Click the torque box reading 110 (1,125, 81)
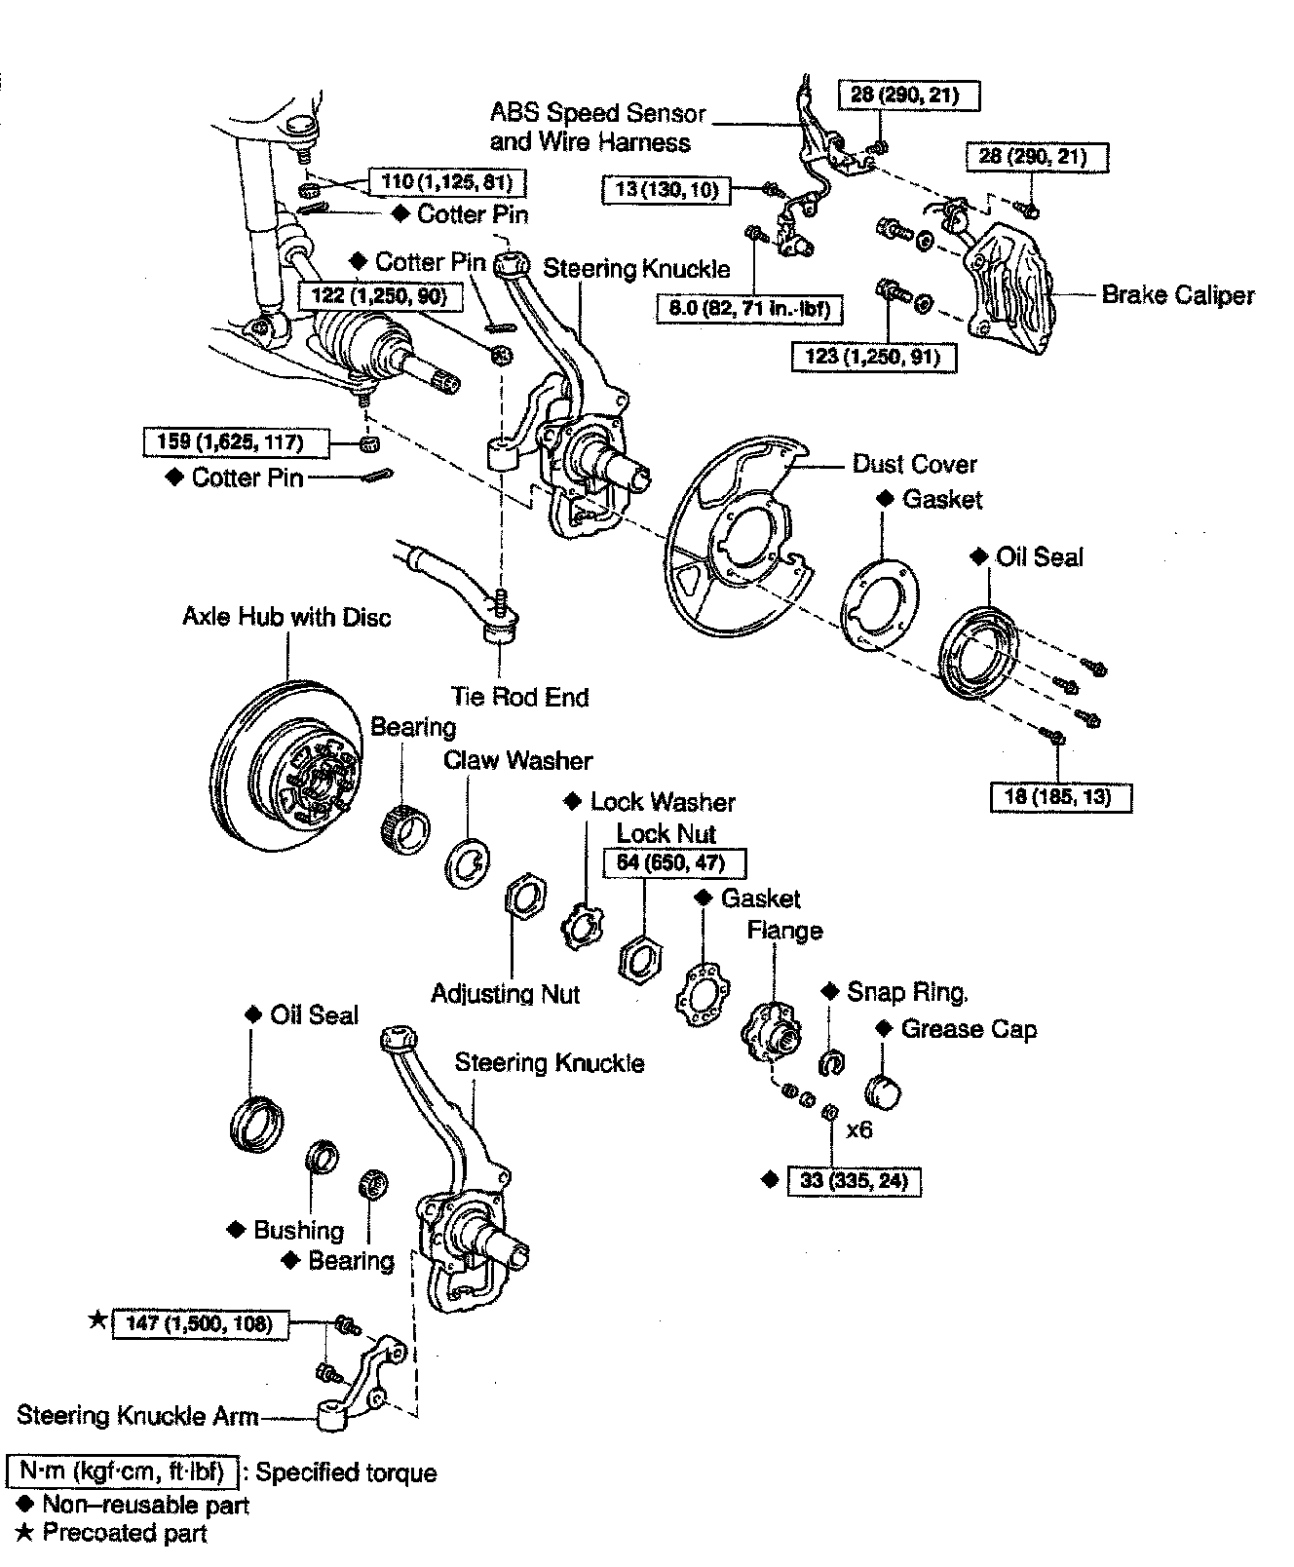[x=446, y=181]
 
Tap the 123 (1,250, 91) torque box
[x=873, y=357]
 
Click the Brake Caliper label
[x=1178, y=294]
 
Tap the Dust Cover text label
[x=914, y=464]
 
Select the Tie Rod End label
[x=519, y=697]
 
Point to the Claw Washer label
[x=517, y=760]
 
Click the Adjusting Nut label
[x=505, y=994]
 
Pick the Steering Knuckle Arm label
[x=137, y=1415]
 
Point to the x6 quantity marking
[x=858, y=1129]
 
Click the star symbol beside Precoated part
[x=24, y=1533]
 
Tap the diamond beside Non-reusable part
[x=24, y=1504]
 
